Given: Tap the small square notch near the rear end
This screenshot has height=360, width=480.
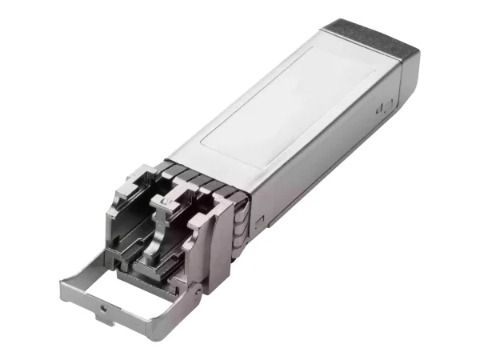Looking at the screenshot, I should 385,106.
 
